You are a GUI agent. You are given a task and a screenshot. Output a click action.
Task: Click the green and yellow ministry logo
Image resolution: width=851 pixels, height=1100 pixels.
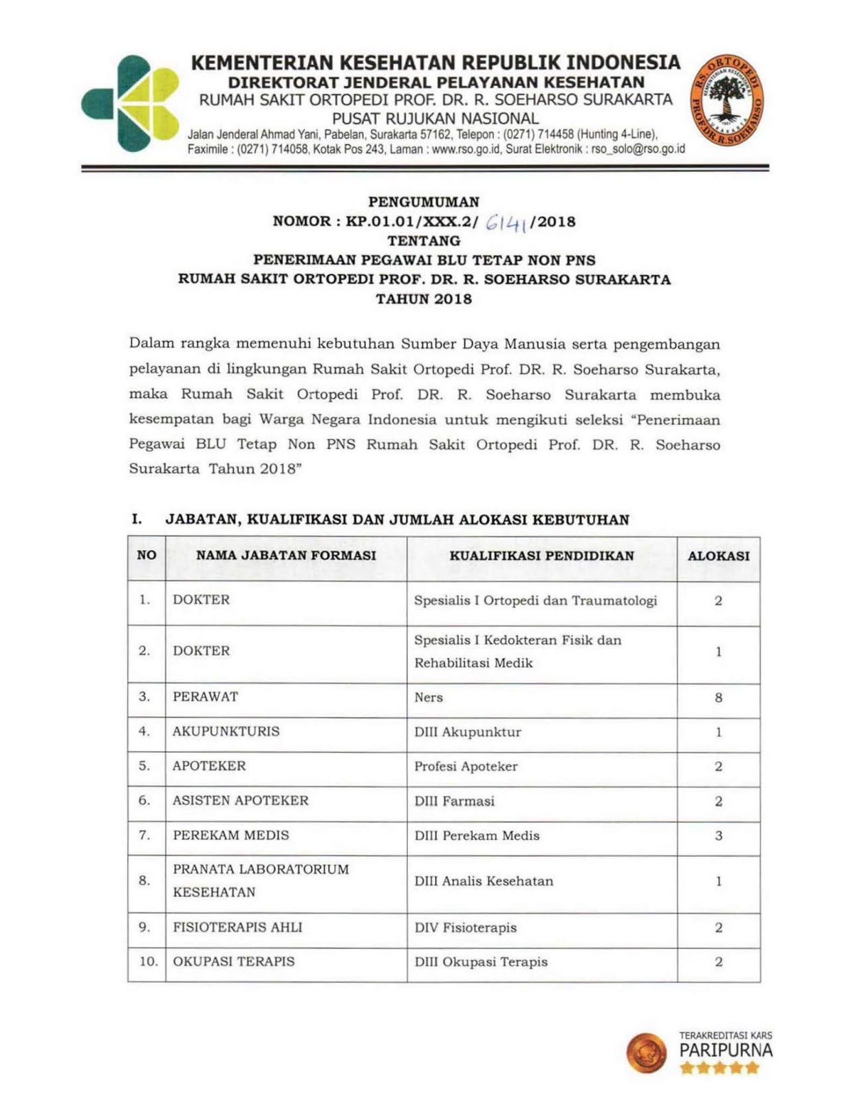pyautogui.click(x=130, y=103)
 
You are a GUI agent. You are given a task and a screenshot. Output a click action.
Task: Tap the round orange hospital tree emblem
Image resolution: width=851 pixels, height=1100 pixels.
pyautogui.click(x=729, y=102)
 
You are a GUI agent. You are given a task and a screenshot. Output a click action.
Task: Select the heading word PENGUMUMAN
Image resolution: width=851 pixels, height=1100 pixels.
pyautogui.click(x=424, y=202)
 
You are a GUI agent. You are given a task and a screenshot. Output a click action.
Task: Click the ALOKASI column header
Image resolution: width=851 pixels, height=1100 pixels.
pyautogui.click(x=718, y=556)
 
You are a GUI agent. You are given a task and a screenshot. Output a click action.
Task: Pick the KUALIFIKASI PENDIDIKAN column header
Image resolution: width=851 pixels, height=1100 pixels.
pyautogui.click(x=541, y=556)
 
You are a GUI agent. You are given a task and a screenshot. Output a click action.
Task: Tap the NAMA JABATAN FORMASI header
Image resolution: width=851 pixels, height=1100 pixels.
pyautogui.click(x=286, y=555)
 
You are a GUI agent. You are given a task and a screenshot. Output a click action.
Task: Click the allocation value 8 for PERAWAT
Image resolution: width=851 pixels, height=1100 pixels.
pyautogui.click(x=718, y=698)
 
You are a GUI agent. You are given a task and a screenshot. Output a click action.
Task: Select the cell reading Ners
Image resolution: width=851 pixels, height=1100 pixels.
pyautogui.click(x=429, y=698)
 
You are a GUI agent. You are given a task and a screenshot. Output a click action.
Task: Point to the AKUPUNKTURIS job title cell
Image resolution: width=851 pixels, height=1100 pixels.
pyautogui.click(x=226, y=731)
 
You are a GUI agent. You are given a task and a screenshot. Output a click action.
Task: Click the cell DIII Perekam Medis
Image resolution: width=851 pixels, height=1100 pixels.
pyautogui.click(x=477, y=836)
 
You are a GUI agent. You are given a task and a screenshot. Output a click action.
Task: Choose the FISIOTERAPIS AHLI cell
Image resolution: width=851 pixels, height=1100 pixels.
pyautogui.click(x=237, y=927)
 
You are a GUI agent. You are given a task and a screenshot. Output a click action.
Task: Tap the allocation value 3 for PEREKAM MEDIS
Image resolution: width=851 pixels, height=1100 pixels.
pyautogui.click(x=718, y=836)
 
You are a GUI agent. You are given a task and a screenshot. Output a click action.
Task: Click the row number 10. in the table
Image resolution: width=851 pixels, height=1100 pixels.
pyautogui.click(x=148, y=962)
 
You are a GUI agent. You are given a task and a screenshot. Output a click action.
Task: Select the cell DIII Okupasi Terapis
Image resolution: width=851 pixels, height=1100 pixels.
pyautogui.click(x=481, y=962)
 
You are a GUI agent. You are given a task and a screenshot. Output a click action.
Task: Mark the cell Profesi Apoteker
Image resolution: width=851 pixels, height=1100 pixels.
pyautogui.click(x=466, y=767)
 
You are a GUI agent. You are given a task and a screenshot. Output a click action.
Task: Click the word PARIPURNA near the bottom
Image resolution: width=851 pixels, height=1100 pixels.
pyautogui.click(x=726, y=1051)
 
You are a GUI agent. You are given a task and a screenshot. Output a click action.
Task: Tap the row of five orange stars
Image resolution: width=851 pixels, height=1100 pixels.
pyautogui.click(x=719, y=1068)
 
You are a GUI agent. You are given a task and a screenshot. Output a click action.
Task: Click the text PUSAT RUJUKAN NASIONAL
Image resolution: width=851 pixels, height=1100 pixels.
pyautogui.click(x=435, y=118)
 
